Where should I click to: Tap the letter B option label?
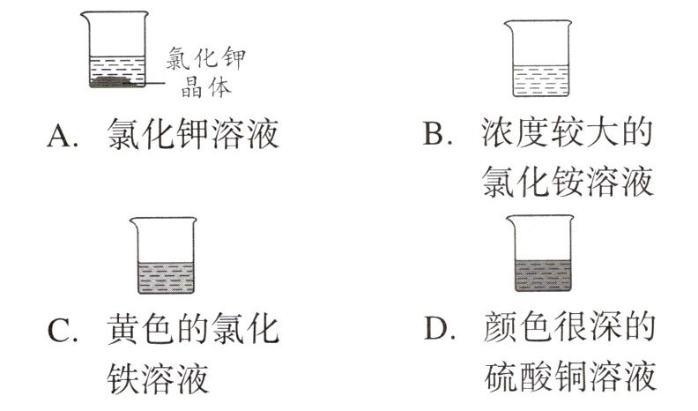pyautogui.click(x=438, y=137)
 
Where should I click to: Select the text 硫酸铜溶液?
pyautogui.click(x=570, y=379)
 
